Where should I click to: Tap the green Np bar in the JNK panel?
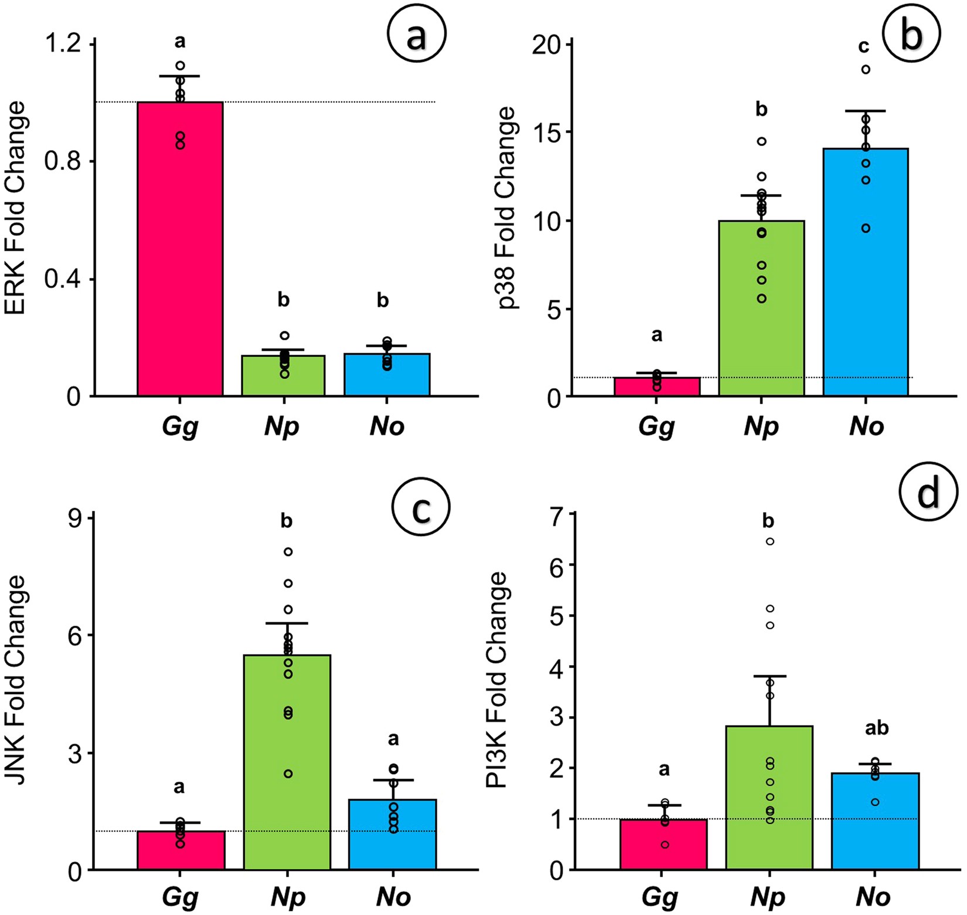(x=287, y=762)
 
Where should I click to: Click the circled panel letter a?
(x=417, y=36)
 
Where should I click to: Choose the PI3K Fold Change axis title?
(x=496, y=680)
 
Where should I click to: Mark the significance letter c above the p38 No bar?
(x=864, y=46)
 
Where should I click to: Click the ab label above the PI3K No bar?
(x=877, y=728)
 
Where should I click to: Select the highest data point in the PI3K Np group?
(x=770, y=541)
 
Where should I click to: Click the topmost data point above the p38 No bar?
(x=866, y=70)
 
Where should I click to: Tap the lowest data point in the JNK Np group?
(x=288, y=774)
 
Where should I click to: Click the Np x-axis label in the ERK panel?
(x=282, y=426)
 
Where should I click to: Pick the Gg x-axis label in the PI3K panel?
(x=660, y=897)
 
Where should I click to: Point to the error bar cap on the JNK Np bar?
(x=287, y=623)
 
